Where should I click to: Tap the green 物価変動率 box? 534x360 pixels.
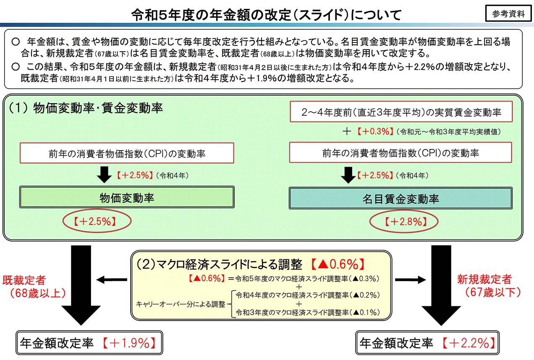click(x=126, y=197)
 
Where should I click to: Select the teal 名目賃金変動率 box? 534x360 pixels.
click(x=400, y=198)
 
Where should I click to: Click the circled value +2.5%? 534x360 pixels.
click(x=97, y=222)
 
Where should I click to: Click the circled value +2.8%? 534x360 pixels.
click(x=403, y=222)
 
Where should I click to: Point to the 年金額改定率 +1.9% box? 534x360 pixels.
click(x=89, y=344)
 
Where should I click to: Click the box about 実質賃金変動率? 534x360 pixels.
click(x=401, y=112)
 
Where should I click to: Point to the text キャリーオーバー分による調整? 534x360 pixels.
click(x=181, y=303)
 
